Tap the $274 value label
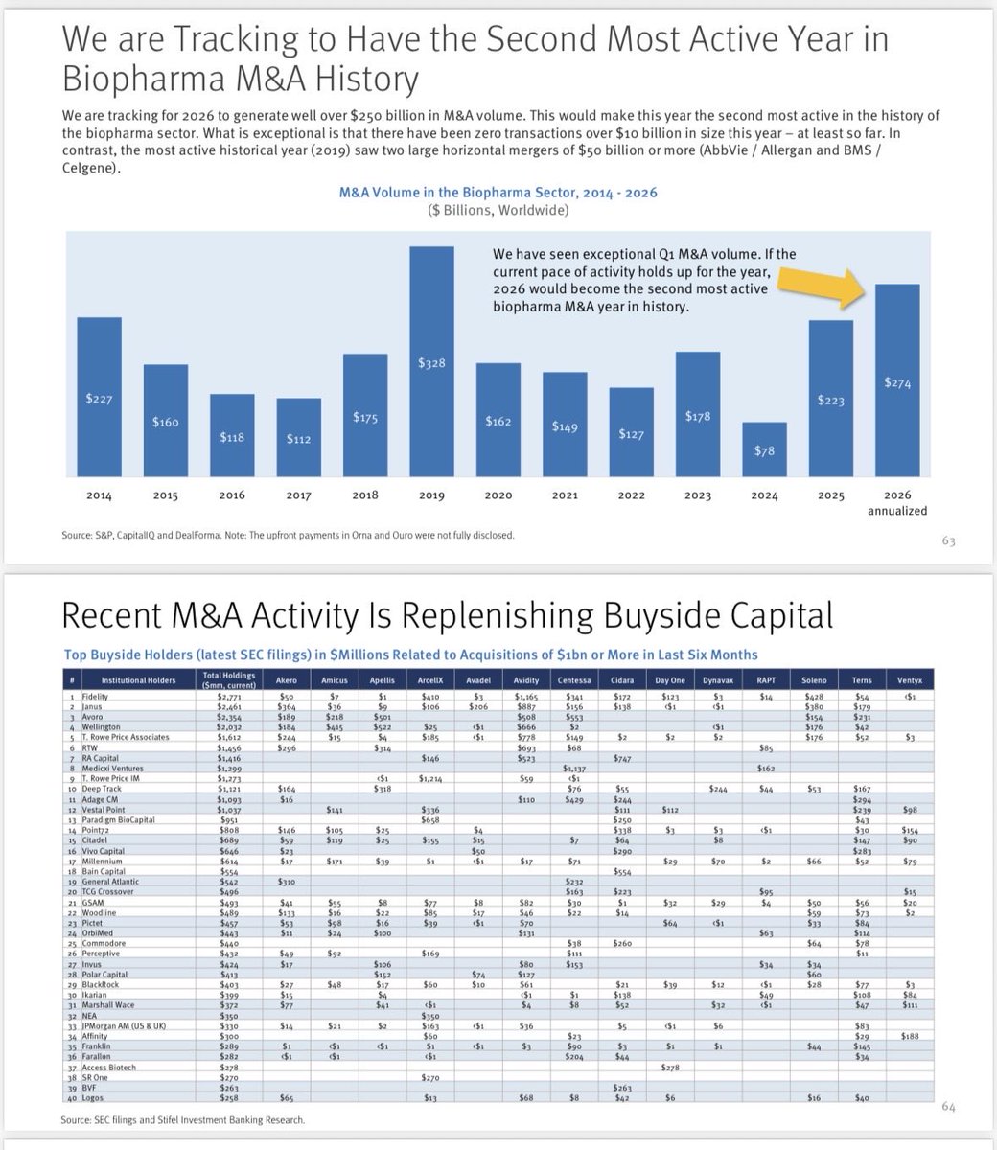[x=897, y=382]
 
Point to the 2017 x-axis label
[x=298, y=495]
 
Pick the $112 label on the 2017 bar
[x=298, y=438]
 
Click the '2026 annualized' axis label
[x=897, y=503]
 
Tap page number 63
[x=948, y=541]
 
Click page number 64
[x=948, y=1108]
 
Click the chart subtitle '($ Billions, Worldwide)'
[x=498, y=211]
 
